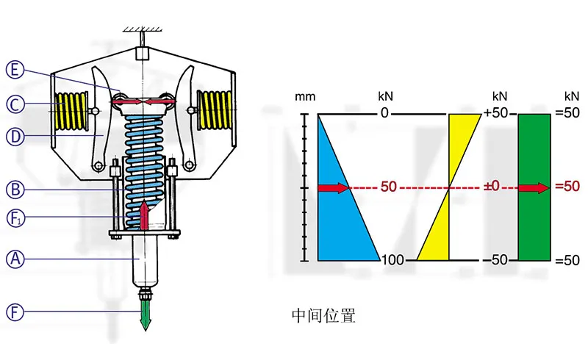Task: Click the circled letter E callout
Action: coord(14,71)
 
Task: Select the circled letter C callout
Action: coord(14,104)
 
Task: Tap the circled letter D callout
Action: coord(14,136)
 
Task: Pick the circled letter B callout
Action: coord(14,189)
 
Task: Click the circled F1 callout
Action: coord(14,217)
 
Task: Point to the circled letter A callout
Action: coord(14,258)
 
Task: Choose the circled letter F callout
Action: coord(14,312)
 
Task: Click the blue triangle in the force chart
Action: coord(338,206)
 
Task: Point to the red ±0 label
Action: coord(490,188)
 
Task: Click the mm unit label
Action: coord(304,97)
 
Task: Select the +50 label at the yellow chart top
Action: coord(497,113)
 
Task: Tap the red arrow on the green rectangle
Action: coord(534,188)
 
